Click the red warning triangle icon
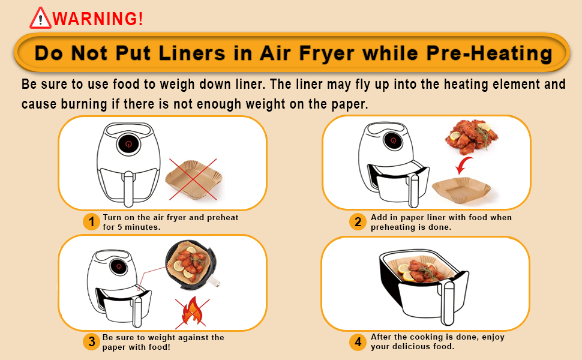[x=40, y=18]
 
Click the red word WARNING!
[x=98, y=19]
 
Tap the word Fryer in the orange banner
[x=326, y=53]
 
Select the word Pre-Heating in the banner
[x=489, y=53]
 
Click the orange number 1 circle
[x=91, y=221]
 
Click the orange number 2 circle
[x=358, y=221]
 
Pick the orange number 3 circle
[x=91, y=341]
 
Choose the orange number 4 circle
[x=358, y=341]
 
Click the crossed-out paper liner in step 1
[x=193, y=179]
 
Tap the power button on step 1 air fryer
[x=128, y=144]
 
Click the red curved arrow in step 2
[x=463, y=165]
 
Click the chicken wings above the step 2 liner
[x=471, y=137]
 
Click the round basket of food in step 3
[x=191, y=267]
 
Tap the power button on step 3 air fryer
[x=119, y=266]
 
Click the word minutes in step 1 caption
[x=143, y=227]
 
